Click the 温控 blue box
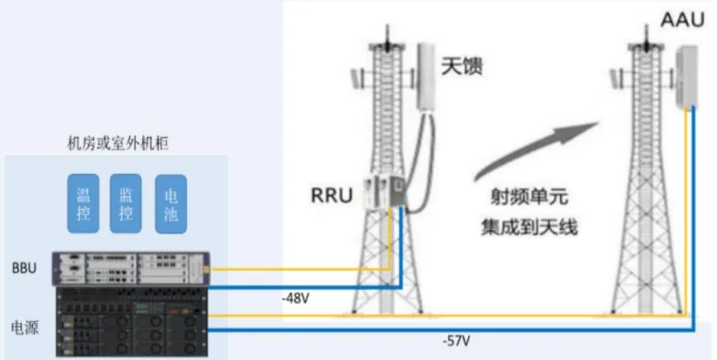pyautogui.click(x=84, y=201)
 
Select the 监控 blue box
pyautogui.click(x=127, y=201)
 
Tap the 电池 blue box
pyautogui.click(x=170, y=201)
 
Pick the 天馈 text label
pyautogui.click(x=461, y=66)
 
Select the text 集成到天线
pyautogui.click(x=528, y=225)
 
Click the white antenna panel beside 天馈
pyautogui.click(x=425, y=77)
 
